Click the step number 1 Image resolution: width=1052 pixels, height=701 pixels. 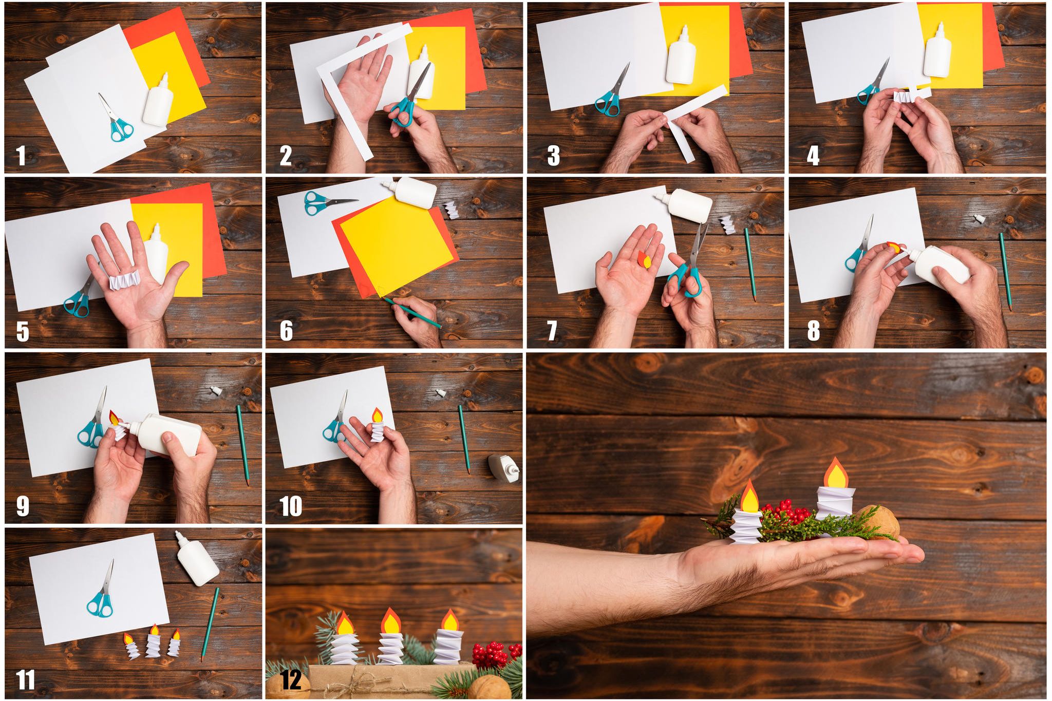[x=21, y=156]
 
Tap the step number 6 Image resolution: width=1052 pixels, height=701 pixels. [x=286, y=330]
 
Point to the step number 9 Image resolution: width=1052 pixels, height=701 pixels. [x=23, y=506]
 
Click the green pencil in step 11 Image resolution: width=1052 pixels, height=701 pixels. [x=210, y=623]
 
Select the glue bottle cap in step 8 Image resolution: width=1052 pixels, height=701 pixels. [x=980, y=219]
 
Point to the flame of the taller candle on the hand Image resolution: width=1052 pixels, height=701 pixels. [x=836, y=472]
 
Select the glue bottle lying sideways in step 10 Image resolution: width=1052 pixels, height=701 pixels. [x=503, y=467]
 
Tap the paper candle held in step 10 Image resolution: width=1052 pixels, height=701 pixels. [x=378, y=425]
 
